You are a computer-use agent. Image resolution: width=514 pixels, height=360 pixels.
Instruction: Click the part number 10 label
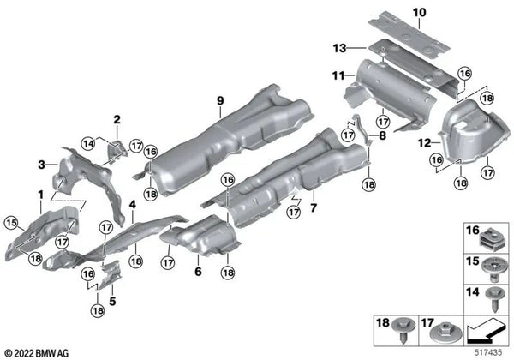[417, 12]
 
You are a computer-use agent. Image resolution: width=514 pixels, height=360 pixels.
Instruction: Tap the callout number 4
[133, 204]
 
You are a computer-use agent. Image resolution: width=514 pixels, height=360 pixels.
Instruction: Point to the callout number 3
[40, 163]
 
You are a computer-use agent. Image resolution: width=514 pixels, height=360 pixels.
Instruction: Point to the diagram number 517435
[492, 351]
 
